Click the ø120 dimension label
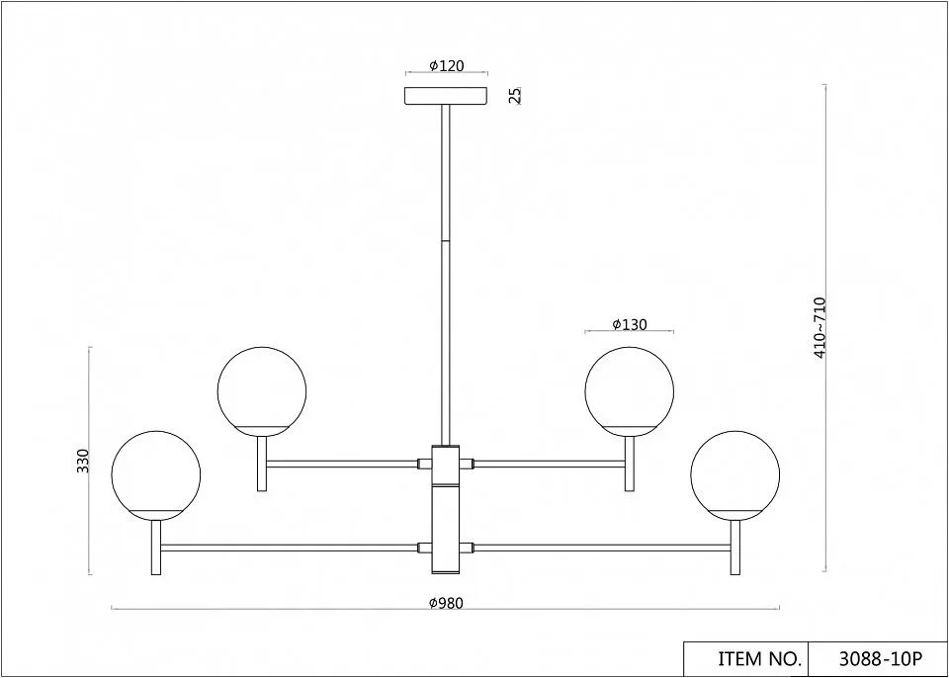447,66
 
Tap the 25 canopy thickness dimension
515,96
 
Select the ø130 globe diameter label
630,324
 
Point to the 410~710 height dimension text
820,327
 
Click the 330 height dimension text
83,461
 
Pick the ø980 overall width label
446,603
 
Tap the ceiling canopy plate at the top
446,96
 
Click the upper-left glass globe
261,391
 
